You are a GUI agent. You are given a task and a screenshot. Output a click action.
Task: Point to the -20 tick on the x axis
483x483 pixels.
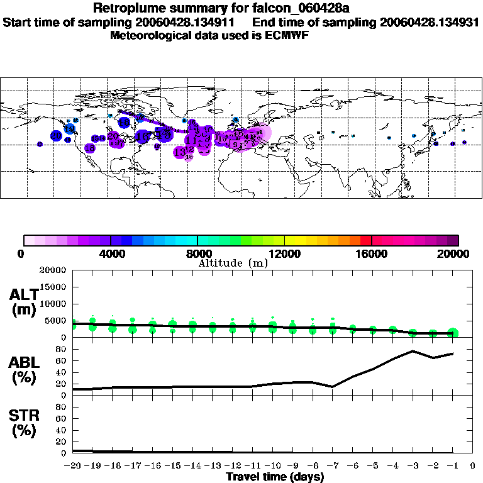74,466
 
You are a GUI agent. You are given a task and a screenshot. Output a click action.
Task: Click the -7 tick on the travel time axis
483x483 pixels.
333,466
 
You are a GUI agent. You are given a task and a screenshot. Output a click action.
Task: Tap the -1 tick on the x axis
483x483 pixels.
452,466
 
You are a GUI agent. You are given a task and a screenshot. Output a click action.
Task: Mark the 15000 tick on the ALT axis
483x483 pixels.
56,287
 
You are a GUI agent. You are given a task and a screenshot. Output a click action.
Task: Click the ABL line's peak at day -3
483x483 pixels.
413,351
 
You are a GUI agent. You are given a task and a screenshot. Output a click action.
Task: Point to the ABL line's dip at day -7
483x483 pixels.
333,387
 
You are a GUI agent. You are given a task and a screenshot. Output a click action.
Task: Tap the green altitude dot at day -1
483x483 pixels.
453,333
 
